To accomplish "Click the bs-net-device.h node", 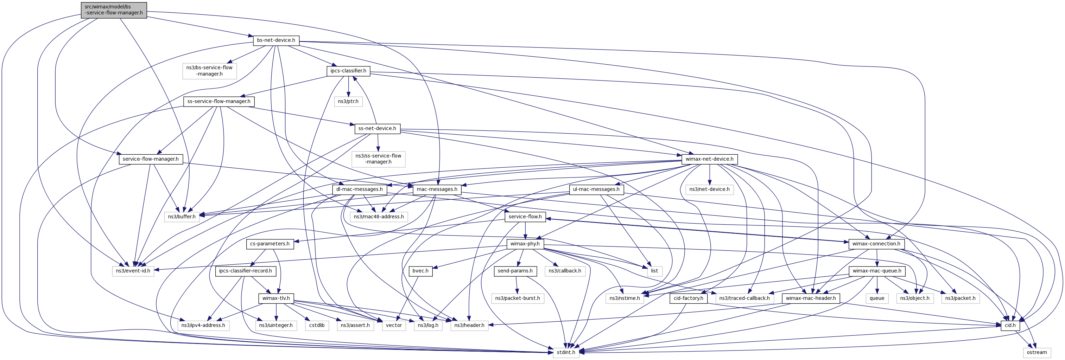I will pos(276,40).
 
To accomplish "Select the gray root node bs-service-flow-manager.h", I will pos(114,10).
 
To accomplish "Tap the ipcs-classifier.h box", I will pos(348,71).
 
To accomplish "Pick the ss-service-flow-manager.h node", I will pos(219,101).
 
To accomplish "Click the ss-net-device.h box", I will pos(377,129).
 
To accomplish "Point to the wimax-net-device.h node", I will pos(709,159).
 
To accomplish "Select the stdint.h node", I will pos(566,353).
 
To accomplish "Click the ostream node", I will pos(1037,353).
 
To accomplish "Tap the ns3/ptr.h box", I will pos(348,101).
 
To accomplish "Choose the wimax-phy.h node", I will pos(525,244).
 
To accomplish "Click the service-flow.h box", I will pos(525,217).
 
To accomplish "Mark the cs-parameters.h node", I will pos(270,244).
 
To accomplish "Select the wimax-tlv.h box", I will pos(276,298).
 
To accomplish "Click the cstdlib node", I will pos(317,325).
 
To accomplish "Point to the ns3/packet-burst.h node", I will pos(517,298).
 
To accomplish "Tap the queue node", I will pos(876,298).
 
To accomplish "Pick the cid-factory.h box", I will pos(689,298).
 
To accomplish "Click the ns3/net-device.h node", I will pos(709,189).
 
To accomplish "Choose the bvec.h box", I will pos(420,271).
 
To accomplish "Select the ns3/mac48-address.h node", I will pos(379,217).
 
